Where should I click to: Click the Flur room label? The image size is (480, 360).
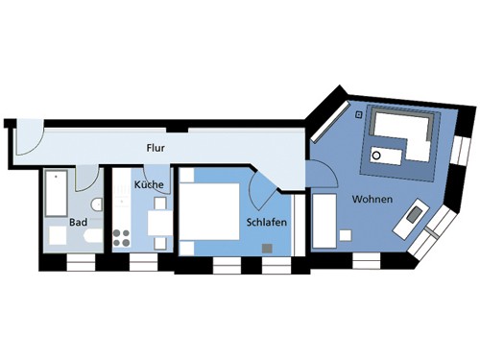[156, 148]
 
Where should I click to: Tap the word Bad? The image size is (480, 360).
[79, 222]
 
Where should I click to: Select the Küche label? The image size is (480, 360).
[149, 184]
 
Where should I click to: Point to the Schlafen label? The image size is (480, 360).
[267, 222]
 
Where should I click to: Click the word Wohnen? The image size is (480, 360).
[372, 199]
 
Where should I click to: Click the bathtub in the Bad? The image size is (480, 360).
[57, 193]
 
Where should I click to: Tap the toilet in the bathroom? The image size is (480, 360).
[96, 204]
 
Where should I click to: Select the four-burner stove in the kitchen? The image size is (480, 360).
[122, 238]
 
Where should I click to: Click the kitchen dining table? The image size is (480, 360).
[159, 223]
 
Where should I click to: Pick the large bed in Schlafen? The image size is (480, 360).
[209, 211]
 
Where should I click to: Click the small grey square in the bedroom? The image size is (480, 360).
[267, 249]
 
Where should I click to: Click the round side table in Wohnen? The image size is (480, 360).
[376, 156]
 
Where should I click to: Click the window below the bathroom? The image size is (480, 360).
[81, 263]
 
